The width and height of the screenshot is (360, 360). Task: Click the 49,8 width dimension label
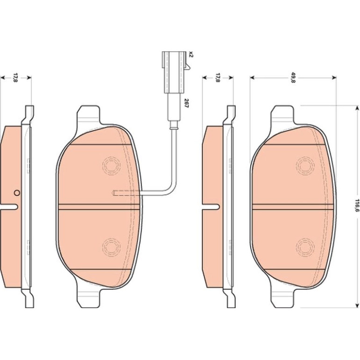pyautogui.click(x=293, y=78)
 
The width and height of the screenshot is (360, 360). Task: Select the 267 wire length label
pyautogui.click(x=186, y=103)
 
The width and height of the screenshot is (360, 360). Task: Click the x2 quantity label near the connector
pyautogui.click(x=191, y=55)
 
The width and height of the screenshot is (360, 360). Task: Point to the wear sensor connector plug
pyautogui.click(x=174, y=72)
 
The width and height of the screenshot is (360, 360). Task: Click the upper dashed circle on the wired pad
pyautogui.click(x=111, y=165)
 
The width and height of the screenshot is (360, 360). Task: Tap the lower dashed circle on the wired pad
pyautogui.click(x=111, y=247)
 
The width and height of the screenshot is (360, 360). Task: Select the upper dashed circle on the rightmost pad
pyautogui.click(x=305, y=166)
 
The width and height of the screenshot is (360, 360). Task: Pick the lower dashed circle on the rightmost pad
pyautogui.click(x=305, y=247)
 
